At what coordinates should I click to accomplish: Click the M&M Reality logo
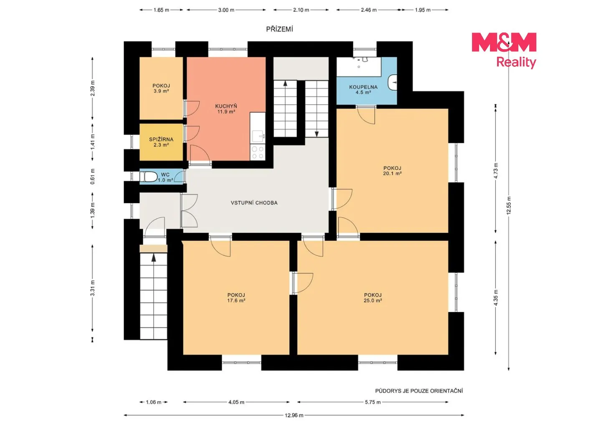click(504, 50)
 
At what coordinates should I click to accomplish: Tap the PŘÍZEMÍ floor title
click(280, 29)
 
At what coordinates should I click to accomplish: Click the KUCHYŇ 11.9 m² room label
click(226, 109)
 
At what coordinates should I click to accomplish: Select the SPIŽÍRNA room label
click(161, 140)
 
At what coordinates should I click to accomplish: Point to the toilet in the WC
click(149, 177)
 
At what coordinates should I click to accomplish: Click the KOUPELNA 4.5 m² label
click(363, 90)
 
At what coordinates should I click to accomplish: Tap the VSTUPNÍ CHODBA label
click(254, 203)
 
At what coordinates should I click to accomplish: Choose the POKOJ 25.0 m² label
click(373, 298)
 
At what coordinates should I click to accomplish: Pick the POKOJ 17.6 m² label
click(236, 298)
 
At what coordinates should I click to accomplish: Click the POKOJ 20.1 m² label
click(392, 171)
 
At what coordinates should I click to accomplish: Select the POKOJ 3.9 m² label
click(161, 88)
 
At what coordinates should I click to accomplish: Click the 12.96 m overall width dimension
click(294, 415)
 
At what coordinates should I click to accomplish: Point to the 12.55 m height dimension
click(509, 206)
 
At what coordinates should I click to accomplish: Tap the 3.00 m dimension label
click(226, 10)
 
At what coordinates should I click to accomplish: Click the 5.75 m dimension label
click(373, 402)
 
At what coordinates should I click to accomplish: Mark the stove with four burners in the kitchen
click(258, 152)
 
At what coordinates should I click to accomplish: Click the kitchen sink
click(258, 136)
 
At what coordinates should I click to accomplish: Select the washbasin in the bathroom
click(392, 82)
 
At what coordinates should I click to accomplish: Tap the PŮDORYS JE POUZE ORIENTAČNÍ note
click(419, 391)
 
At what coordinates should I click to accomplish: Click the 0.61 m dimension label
click(93, 176)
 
